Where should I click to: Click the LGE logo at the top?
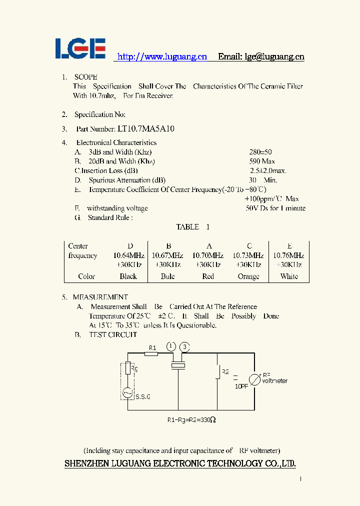(x=80, y=48)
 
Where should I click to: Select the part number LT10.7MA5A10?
(x=146, y=129)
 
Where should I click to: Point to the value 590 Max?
(x=262, y=161)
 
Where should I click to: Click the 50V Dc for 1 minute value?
(x=275, y=208)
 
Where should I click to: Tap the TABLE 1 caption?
(x=192, y=227)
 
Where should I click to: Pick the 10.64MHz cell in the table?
(x=129, y=255)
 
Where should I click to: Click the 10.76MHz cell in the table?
(x=289, y=255)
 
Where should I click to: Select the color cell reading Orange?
(x=248, y=276)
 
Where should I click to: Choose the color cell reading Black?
(x=128, y=276)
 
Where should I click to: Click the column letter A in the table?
(x=209, y=246)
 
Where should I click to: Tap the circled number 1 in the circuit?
(x=171, y=346)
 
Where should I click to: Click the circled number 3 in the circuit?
(x=185, y=346)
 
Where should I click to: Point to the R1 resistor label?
(x=153, y=348)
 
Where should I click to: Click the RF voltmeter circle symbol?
(x=254, y=379)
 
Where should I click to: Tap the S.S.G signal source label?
(x=142, y=397)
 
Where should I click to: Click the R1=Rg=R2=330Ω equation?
(x=191, y=420)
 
